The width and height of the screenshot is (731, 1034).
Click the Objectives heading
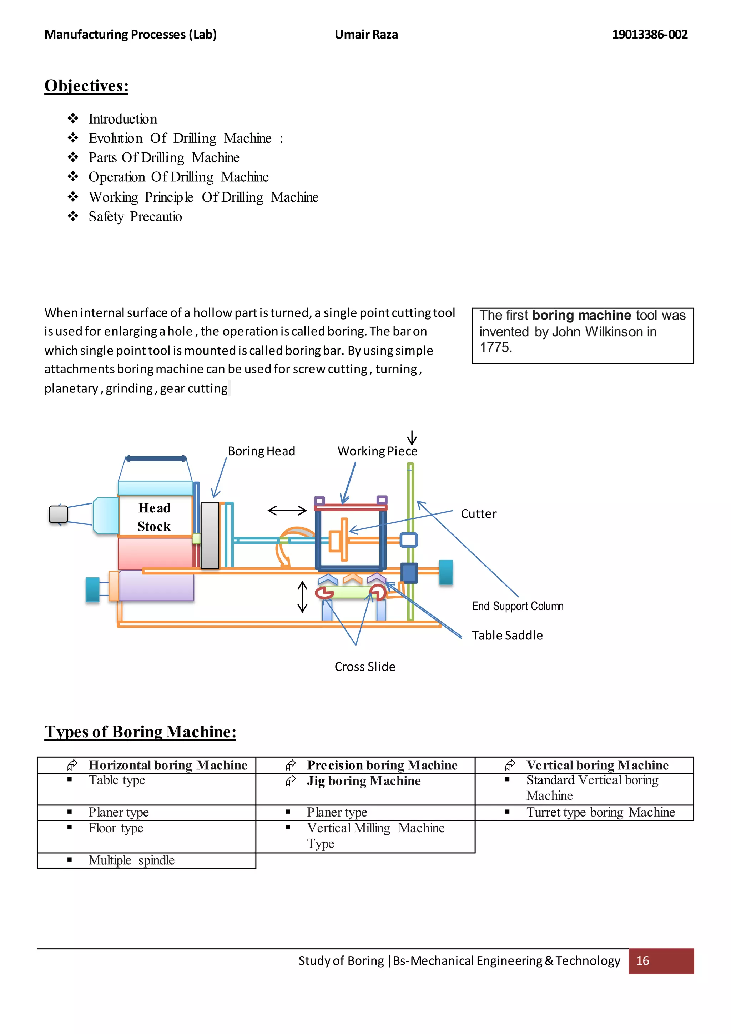86,86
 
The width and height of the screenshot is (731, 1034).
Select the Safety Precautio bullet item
135,217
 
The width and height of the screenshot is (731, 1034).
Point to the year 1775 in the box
495,348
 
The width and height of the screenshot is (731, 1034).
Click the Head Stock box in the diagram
155,517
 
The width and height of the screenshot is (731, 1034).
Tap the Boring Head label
261,451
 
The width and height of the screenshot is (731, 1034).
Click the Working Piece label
377,451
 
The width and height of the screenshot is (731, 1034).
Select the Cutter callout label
479,514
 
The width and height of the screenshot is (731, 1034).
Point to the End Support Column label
518,606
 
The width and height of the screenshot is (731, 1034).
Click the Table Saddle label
507,636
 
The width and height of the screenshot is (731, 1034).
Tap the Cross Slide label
364,667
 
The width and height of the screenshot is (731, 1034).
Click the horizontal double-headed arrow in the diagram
287,511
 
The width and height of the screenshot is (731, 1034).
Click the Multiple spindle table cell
131,860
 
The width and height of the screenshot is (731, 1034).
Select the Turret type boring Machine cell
600,812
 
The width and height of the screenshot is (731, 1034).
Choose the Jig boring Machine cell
364,781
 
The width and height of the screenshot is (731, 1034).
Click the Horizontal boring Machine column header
168,765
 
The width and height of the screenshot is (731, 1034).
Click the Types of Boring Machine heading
140,732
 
